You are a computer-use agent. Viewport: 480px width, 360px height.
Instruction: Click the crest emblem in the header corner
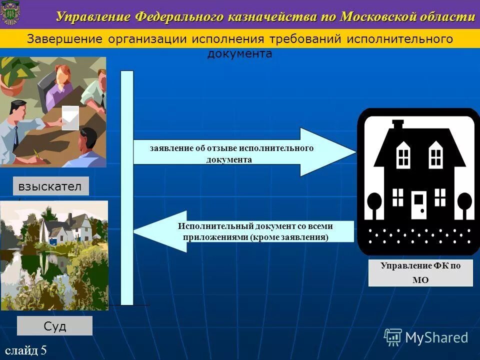pyautogui.click(x=10, y=14)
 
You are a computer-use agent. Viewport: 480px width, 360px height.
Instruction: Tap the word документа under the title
pyautogui.click(x=240, y=54)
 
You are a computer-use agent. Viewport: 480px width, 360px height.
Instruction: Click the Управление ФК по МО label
pyautogui.click(x=420, y=273)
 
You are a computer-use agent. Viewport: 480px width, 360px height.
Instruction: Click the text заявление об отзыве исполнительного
pyautogui.click(x=231, y=148)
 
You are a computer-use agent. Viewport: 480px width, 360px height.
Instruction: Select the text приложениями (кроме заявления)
pyautogui.click(x=255, y=237)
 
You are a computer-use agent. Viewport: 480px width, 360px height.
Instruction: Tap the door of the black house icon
pyautogui.click(x=419, y=205)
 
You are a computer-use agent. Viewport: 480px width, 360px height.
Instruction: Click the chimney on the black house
pyautogui.click(x=398, y=125)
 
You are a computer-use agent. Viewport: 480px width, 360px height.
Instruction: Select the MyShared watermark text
pyautogui.click(x=436, y=337)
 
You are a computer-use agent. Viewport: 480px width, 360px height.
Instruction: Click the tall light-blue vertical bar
pyautogui.click(x=127, y=187)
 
